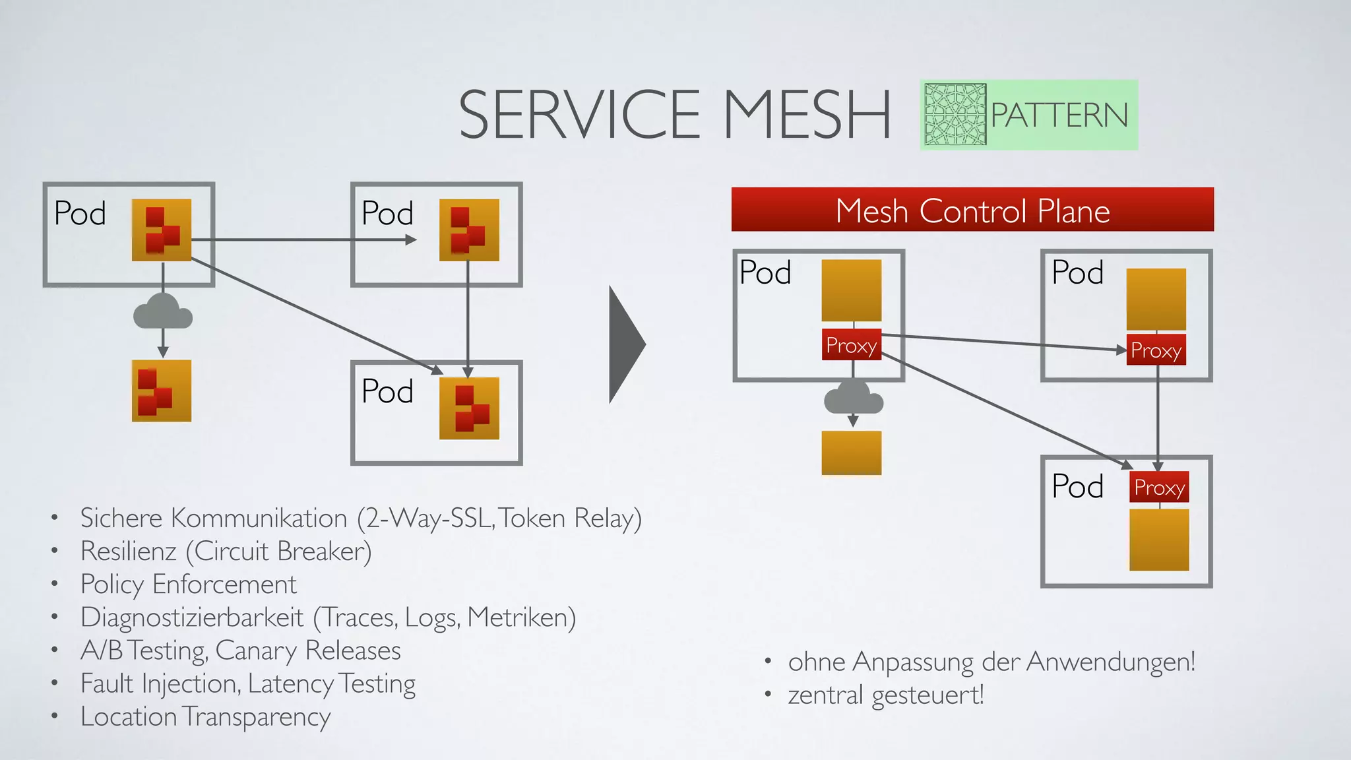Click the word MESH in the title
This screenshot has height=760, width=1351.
pyautogui.click(x=806, y=115)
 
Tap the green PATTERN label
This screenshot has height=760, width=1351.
pyautogui.click(x=1059, y=115)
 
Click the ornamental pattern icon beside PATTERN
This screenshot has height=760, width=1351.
pyautogui.click(x=955, y=115)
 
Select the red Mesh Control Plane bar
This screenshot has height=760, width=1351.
pyautogui.click(x=972, y=210)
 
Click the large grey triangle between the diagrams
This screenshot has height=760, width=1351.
pyautogui.click(x=625, y=344)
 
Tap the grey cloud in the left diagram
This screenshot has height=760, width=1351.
pyautogui.click(x=163, y=312)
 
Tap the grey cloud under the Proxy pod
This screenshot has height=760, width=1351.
pyautogui.click(x=853, y=398)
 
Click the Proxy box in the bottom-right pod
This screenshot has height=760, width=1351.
pyautogui.click(x=1159, y=488)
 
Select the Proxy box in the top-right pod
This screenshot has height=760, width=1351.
pyautogui.click(x=1156, y=350)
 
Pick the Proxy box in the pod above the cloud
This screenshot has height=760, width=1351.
pyautogui.click(x=851, y=345)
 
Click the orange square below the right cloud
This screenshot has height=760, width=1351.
pyautogui.click(x=851, y=453)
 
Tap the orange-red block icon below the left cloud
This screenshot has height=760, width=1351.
pyautogui.click(x=162, y=391)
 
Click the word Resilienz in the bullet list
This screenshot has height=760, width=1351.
pyautogui.click(x=128, y=552)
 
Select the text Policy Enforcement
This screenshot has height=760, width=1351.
pyautogui.click(x=188, y=585)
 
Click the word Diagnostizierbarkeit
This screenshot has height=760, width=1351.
pyautogui.click(x=192, y=617)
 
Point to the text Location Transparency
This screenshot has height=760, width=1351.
pyautogui.click(x=205, y=717)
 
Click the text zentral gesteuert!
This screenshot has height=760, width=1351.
pyautogui.click(x=885, y=695)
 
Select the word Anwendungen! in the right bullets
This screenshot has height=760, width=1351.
pyautogui.click(x=1111, y=662)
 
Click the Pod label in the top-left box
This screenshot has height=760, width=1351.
pyautogui.click(x=80, y=214)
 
